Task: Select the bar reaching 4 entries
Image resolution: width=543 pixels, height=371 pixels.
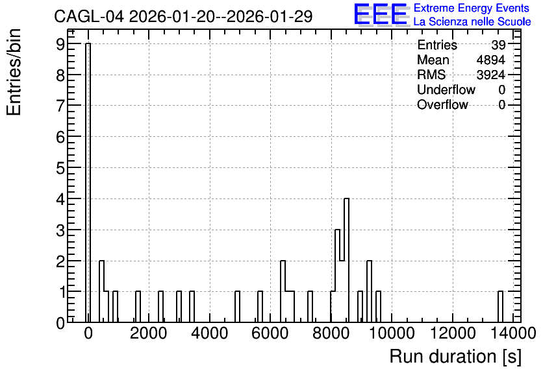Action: pyautogui.click(x=346, y=260)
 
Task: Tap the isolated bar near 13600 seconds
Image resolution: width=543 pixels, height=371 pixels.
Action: pyautogui.click(x=500, y=307)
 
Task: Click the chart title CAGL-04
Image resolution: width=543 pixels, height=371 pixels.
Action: pyautogui.click(x=88, y=16)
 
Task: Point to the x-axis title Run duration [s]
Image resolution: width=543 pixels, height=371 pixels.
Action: pyautogui.click(x=455, y=357)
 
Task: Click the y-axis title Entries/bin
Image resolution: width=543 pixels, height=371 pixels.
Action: pyautogui.click(x=14, y=72)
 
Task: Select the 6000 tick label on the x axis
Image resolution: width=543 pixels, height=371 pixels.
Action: pyautogui.click(x=270, y=333)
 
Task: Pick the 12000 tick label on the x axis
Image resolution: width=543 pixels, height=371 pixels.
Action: pyautogui.click(x=453, y=333)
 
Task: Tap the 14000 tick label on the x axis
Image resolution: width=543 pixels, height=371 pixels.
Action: pyautogui.click(x=513, y=333)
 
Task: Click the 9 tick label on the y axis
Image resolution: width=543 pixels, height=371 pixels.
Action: pyautogui.click(x=60, y=44)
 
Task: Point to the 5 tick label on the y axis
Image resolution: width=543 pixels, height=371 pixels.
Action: pyautogui.click(x=60, y=168)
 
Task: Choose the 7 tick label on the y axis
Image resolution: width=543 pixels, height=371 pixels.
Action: pyautogui.click(x=60, y=106)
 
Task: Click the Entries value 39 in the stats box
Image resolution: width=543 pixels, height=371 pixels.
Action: pyautogui.click(x=498, y=45)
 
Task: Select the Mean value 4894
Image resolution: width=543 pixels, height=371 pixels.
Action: pyautogui.click(x=490, y=60)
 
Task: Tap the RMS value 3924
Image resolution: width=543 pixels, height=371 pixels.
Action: pyautogui.click(x=490, y=75)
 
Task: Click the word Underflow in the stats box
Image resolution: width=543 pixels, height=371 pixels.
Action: pyautogui.click(x=446, y=90)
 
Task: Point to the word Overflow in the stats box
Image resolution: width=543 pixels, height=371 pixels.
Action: pyautogui.click(x=442, y=104)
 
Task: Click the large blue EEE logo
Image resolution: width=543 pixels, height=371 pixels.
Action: pyautogui.click(x=381, y=15)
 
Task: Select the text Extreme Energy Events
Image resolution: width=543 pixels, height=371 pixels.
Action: pyautogui.click(x=472, y=8)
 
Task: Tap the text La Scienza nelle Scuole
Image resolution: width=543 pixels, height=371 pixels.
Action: pyautogui.click(x=472, y=22)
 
